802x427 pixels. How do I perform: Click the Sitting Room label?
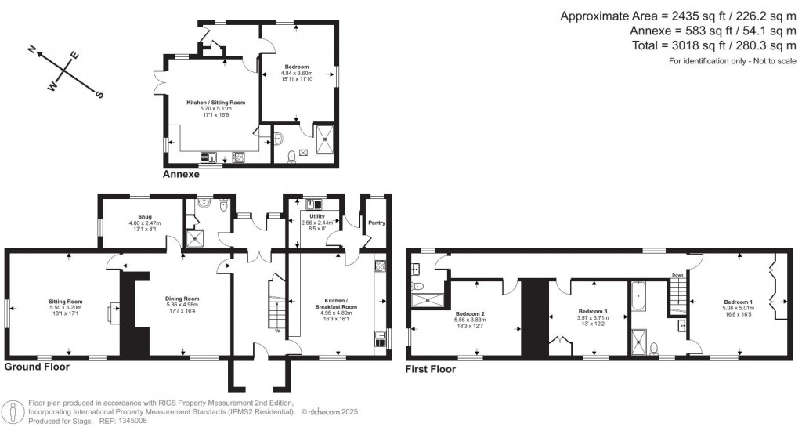(67, 302)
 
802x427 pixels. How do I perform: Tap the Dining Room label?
(182, 299)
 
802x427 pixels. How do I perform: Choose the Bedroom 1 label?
(738, 302)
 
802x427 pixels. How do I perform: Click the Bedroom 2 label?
(470, 313)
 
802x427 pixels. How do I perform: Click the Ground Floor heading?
(37, 366)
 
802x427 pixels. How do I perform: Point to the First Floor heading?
(430, 367)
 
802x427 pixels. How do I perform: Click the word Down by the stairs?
(677, 275)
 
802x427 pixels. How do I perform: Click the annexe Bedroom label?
(296, 67)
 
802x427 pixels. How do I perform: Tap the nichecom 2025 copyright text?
(331, 411)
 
